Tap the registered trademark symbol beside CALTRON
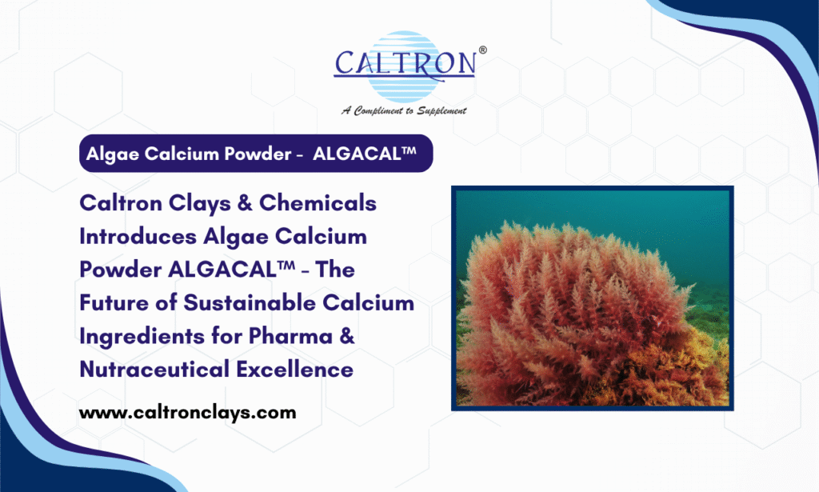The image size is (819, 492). pyautogui.click(x=481, y=50)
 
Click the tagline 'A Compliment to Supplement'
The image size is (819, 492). pyautogui.click(x=405, y=110)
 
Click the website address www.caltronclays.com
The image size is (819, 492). pyautogui.click(x=187, y=413)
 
